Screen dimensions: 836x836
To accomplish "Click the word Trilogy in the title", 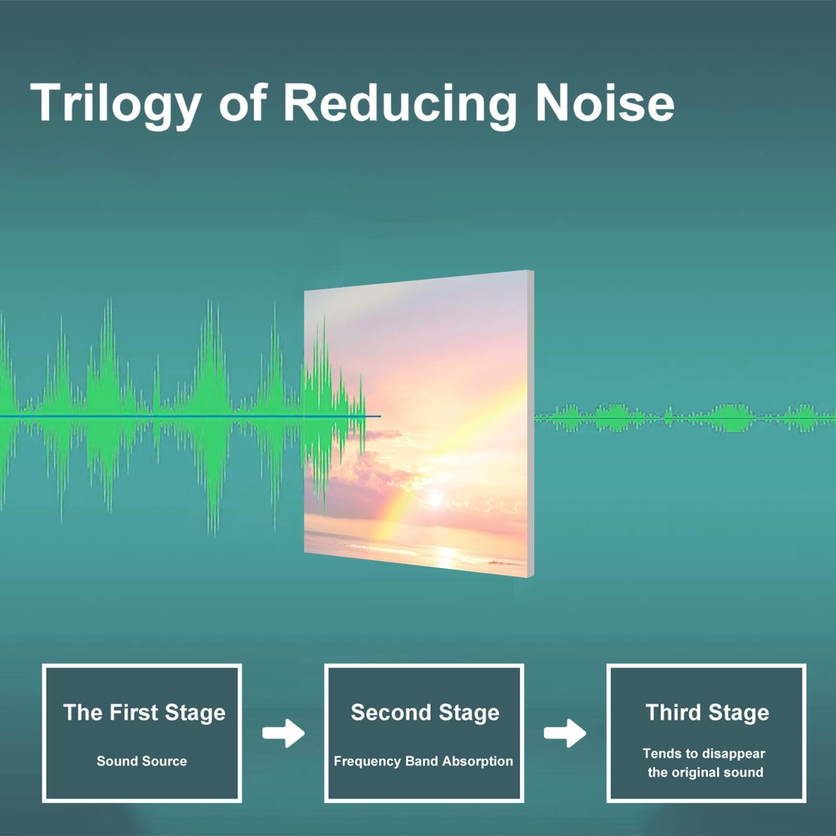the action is [116, 104].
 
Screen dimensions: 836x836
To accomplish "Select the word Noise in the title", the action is [605, 102].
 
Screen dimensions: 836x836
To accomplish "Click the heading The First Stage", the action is [144, 713].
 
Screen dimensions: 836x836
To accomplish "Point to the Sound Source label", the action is [142, 761].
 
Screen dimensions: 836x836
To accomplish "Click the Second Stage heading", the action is [425, 713].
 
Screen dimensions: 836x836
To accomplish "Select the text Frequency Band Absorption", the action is [423, 761].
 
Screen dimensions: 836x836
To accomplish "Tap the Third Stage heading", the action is [707, 713].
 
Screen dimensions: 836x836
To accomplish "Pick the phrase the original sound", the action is [705, 772].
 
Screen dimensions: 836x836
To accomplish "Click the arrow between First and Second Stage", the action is [284, 733].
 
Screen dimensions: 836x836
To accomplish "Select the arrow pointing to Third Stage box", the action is [565, 733].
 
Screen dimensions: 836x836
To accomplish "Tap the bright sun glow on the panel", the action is [435, 496].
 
